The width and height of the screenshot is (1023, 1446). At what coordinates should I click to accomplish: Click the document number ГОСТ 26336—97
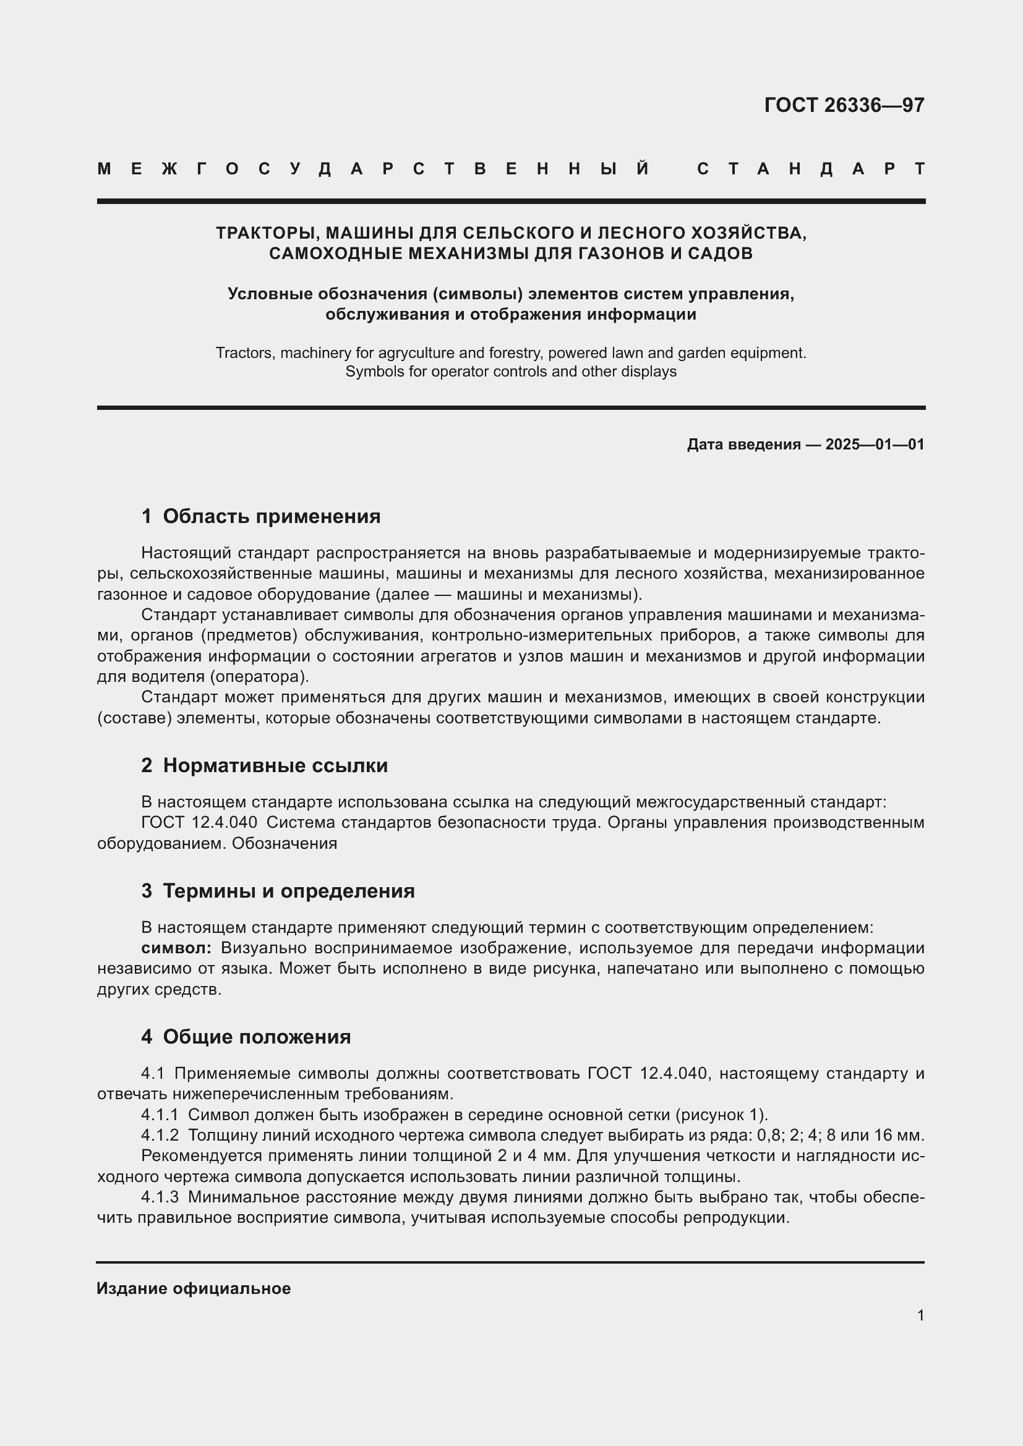(844, 105)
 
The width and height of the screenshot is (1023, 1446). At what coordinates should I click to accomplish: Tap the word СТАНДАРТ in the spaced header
(811, 169)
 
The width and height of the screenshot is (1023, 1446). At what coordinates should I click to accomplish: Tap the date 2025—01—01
(875, 444)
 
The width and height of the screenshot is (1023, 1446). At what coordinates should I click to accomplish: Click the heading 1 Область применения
(261, 517)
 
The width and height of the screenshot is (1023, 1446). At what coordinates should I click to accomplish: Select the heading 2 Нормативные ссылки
(264, 766)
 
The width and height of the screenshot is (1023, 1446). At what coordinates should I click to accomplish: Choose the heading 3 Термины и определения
(278, 891)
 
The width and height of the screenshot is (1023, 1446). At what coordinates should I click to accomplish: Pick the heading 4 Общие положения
(246, 1037)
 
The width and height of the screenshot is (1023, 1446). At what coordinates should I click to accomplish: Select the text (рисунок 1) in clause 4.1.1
(721, 1115)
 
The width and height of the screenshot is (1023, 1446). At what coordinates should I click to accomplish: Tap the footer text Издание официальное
(194, 1288)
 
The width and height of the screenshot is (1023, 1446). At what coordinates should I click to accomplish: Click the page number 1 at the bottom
(920, 1316)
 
